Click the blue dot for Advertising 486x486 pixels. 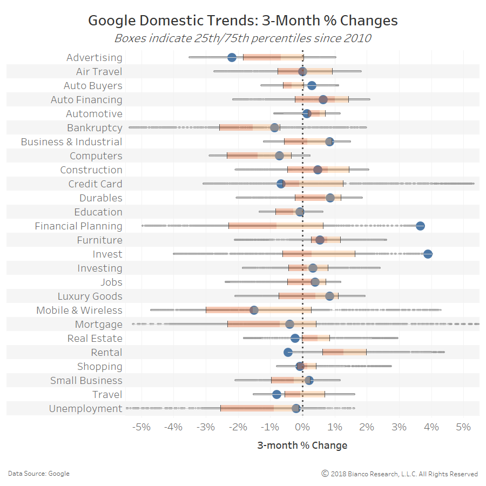[232, 58]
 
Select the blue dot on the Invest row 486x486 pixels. [428, 254]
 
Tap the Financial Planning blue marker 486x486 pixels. [420, 226]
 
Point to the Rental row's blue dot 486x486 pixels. [288, 353]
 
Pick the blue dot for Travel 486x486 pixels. [276, 395]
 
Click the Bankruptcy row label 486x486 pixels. [94, 128]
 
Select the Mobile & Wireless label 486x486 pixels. [79, 310]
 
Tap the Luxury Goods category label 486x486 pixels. [90, 296]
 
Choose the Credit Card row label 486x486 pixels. [95, 184]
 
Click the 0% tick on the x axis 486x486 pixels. [302, 427]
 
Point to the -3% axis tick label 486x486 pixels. [205, 427]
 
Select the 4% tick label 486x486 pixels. [431, 427]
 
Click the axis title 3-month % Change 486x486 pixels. [302, 446]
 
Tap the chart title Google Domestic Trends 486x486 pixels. [242, 21]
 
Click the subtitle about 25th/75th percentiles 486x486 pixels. [242, 38]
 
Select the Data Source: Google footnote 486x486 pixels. [38, 474]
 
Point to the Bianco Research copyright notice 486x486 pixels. [400, 474]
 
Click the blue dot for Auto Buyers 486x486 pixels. [312, 86]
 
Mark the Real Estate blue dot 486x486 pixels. [295, 339]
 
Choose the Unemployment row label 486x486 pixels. [85, 409]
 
